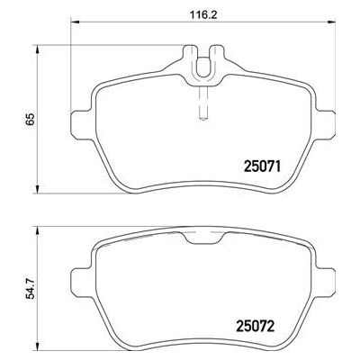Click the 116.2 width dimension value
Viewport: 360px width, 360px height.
click(203, 14)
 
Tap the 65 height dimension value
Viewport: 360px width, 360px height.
click(31, 120)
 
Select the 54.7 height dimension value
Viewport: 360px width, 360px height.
click(31, 288)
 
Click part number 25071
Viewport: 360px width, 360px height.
click(263, 166)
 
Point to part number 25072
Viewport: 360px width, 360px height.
click(256, 327)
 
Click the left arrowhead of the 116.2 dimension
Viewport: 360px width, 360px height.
click(75, 22)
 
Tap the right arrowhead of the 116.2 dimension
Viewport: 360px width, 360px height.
click(331, 22)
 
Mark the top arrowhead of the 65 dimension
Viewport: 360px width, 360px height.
click(38, 49)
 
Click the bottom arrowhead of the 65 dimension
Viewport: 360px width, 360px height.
click(38, 189)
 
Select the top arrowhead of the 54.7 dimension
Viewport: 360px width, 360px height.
click(38, 231)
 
